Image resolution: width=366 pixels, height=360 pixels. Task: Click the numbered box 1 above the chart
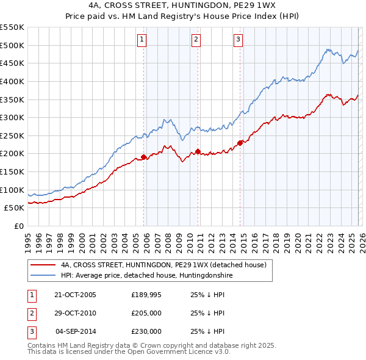(142, 40)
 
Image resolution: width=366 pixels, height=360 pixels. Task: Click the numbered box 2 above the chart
(196, 40)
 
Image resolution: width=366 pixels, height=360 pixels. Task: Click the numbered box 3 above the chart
(237, 40)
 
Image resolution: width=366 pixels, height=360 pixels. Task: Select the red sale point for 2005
(144, 157)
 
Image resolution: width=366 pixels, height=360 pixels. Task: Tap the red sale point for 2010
(198, 152)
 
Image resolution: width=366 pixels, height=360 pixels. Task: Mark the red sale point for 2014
(240, 143)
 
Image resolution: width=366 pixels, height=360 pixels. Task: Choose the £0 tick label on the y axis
(18, 226)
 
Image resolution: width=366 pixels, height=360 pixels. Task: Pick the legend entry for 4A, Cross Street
(163, 265)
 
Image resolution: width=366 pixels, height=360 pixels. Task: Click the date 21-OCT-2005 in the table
(75, 295)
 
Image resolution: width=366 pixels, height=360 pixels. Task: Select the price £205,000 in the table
(146, 313)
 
